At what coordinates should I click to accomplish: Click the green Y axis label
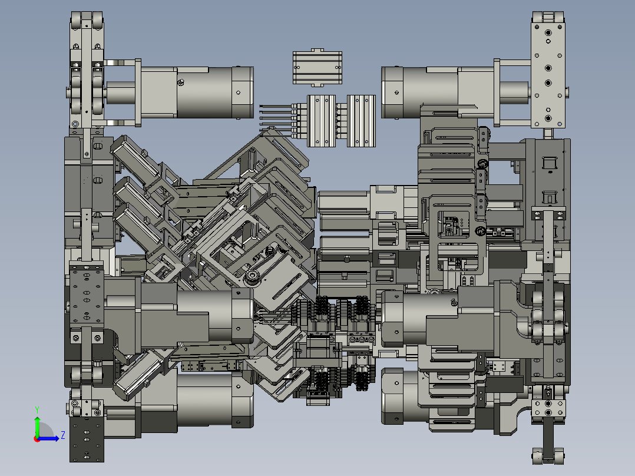coord(37,410)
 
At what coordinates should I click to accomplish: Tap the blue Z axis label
coord(63,435)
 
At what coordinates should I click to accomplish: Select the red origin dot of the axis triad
coord(37,439)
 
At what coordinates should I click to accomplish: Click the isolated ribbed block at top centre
coord(317,68)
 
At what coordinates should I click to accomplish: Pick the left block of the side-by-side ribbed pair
coord(322,121)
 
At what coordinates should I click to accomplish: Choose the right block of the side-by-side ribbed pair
coord(361,121)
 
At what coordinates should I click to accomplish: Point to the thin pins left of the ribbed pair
coord(276,118)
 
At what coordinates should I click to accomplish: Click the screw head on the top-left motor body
coord(181,82)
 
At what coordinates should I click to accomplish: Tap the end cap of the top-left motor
coord(243,92)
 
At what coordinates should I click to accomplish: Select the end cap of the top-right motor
coord(392,92)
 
